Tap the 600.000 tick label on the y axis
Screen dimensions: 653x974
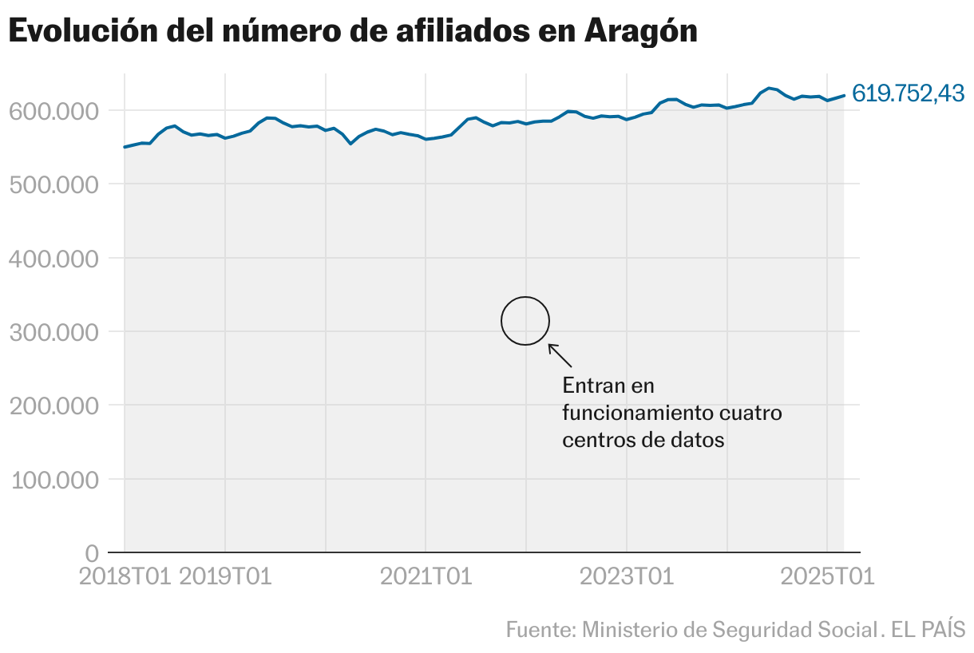(x=55, y=111)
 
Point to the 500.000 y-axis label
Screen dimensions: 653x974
(x=55, y=184)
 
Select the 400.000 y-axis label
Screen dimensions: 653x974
(x=55, y=259)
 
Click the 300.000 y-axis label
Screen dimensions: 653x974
(x=55, y=332)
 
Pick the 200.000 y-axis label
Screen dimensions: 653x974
(x=55, y=406)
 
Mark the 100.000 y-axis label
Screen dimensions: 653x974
(x=55, y=480)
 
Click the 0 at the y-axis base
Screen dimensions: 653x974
(x=91, y=553)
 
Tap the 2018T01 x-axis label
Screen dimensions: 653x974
(x=125, y=576)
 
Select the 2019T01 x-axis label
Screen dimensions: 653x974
(x=226, y=576)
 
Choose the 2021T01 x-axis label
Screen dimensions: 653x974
(x=426, y=576)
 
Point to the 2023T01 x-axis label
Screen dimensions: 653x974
(x=627, y=576)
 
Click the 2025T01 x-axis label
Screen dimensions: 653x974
(x=828, y=576)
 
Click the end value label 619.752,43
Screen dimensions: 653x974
(x=908, y=93)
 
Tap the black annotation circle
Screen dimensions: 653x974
(x=525, y=321)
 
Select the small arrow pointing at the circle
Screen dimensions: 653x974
(x=560, y=355)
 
